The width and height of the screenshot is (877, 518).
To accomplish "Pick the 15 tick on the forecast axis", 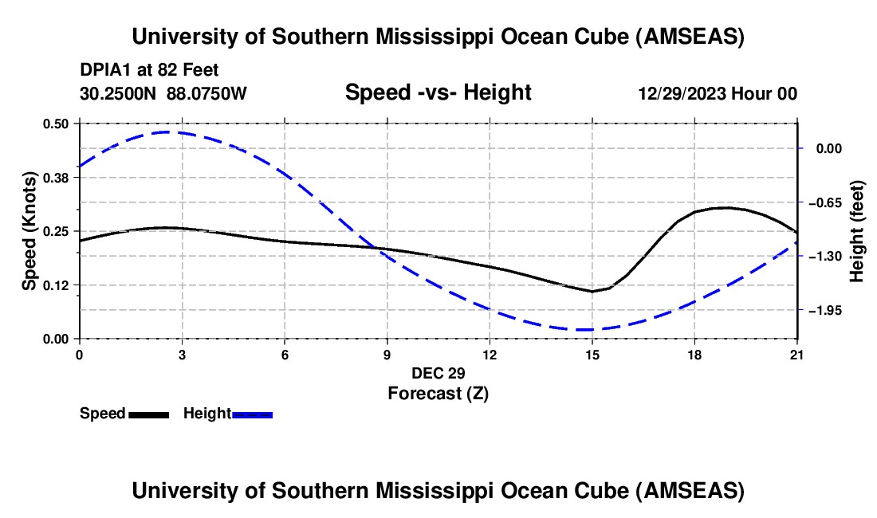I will click(x=592, y=355).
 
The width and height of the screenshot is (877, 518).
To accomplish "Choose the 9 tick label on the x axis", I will click(x=387, y=355).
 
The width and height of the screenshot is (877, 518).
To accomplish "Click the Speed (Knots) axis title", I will click(x=29, y=231).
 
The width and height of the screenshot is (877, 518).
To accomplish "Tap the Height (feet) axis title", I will click(x=857, y=231).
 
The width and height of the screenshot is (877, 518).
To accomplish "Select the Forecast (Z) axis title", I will click(x=438, y=393).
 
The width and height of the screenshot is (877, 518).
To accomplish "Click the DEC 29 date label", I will click(x=438, y=373).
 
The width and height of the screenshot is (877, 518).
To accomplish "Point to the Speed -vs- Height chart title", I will click(x=438, y=93).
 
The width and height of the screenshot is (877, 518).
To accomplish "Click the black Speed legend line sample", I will click(x=148, y=414).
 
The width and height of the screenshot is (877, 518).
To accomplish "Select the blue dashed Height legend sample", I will click(x=253, y=414).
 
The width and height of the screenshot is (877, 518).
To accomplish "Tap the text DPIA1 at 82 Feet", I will click(x=149, y=70).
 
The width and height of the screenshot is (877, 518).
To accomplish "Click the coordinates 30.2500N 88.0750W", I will click(x=163, y=93).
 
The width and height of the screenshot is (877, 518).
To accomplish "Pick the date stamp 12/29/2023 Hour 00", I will click(x=718, y=93).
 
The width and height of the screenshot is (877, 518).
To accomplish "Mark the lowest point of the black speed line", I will click(x=592, y=292).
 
